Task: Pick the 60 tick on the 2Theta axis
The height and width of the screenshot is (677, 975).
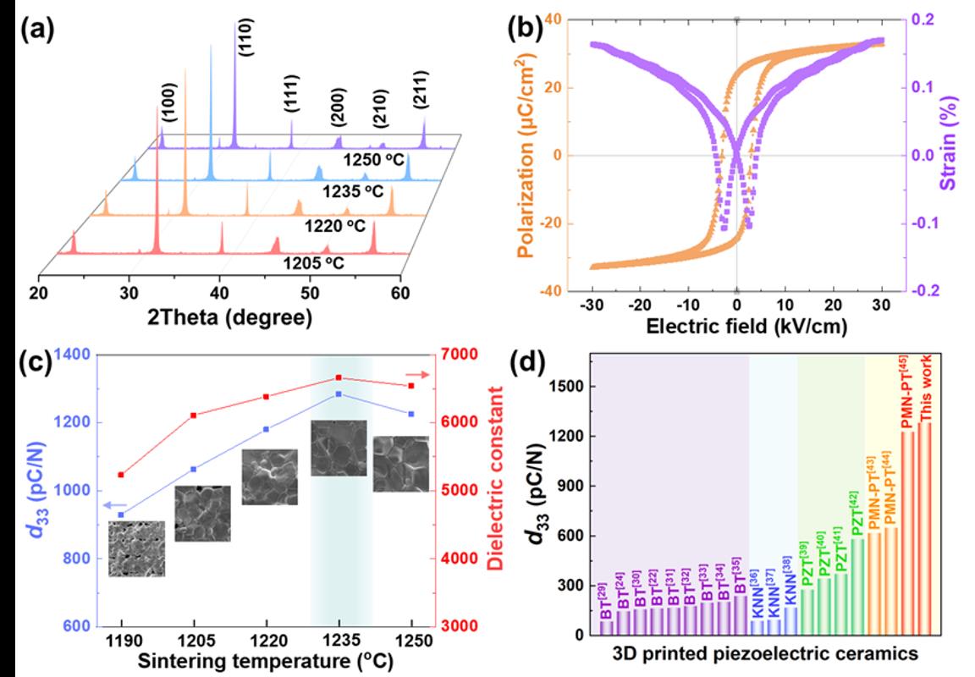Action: (x=400, y=293)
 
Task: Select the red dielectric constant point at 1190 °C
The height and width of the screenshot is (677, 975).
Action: (x=121, y=475)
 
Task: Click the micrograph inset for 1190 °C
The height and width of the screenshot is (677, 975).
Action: (x=136, y=548)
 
